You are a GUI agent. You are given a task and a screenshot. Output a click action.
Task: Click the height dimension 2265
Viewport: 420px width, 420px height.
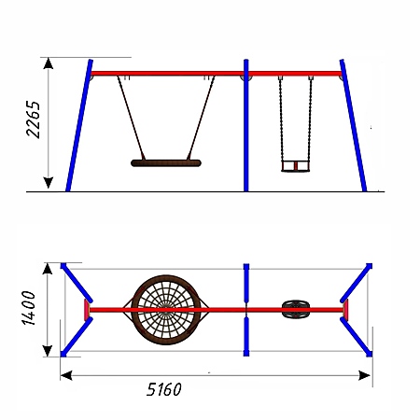pyautogui.click(x=34, y=119)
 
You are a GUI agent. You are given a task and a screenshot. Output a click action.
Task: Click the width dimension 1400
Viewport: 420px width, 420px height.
pyautogui.click(x=29, y=308)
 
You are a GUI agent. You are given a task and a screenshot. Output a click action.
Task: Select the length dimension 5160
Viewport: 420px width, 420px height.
pyautogui.click(x=164, y=389)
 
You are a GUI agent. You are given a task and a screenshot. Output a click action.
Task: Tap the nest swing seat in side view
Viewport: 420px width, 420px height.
pyautogui.click(x=166, y=163)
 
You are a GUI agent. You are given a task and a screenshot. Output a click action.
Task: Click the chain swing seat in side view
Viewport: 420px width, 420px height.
pyautogui.click(x=296, y=166)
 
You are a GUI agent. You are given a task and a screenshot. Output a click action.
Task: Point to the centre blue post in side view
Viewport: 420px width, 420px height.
pyautogui.click(x=246, y=125)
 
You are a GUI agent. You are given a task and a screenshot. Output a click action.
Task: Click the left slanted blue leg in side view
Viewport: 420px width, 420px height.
pyautogui.click(x=79, y=125)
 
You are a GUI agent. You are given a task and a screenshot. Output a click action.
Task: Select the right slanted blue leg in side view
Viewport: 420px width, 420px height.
pyautogui.click(x=353, y=125)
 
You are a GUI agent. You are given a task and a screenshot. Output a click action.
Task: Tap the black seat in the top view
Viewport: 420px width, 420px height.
pyautogui.click(x=296, y=309)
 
